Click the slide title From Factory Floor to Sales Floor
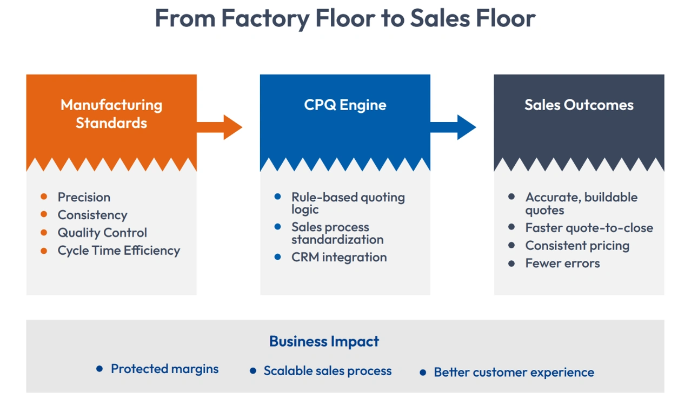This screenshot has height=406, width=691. click(x=345, y=18)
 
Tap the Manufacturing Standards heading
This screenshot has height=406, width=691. click(x=111, y=113)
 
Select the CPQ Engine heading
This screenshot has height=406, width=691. click(x=345, y=105)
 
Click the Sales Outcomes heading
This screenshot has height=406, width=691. click(x=579, y=105)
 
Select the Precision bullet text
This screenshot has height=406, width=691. click(x=84, y=197)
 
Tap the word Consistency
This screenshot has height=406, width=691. click(x=92, y=215)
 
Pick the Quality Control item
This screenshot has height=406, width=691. click(x=102, y=233)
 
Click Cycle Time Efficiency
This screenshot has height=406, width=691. click(x=118, y=251)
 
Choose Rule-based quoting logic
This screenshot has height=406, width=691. click(x=348, y=203)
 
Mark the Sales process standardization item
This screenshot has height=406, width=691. click(x=337, y=233)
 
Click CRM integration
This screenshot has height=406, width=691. click(x=339, y=257)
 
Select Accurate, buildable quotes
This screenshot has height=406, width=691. click(x=581, y=204)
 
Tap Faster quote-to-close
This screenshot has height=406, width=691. click(x=589, y=228)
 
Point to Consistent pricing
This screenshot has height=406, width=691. click(x=577, y=246)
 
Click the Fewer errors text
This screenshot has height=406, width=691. click(x=562, y=263)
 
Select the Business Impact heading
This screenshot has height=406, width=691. click(x=324, y=341)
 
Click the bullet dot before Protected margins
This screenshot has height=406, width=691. click(x=99, y=369)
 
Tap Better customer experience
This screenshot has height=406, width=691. click(x=514, y=373)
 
